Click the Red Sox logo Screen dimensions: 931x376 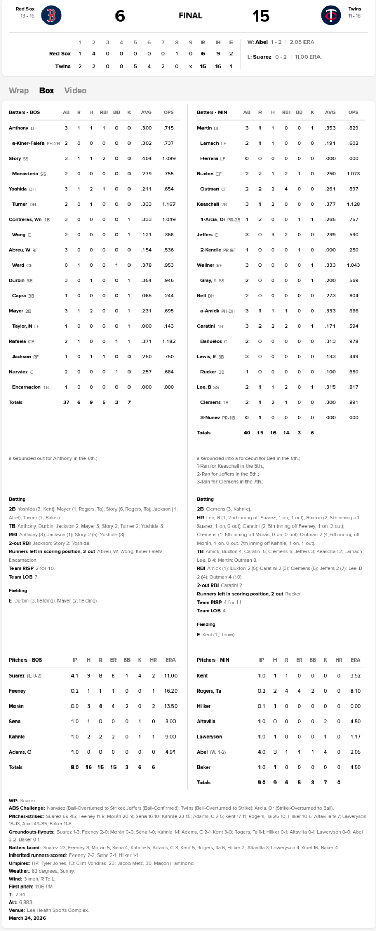51,16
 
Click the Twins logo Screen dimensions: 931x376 330,16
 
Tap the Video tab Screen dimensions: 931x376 75,91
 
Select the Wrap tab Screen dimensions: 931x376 19,91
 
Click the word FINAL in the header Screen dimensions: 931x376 190,16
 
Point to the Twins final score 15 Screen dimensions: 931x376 261,16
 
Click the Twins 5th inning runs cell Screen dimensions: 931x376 135,66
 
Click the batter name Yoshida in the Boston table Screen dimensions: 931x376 17,189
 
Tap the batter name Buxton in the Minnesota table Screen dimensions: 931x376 205,174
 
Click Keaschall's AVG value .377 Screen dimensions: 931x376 330,204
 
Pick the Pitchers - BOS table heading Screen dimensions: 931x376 25,660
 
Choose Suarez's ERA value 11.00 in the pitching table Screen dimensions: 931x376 170,675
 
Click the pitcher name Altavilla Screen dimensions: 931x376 206,722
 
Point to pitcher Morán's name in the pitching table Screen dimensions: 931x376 17,706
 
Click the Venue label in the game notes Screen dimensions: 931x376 16,910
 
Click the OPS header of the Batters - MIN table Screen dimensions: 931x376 353,112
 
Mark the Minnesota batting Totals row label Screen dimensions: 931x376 204,433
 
